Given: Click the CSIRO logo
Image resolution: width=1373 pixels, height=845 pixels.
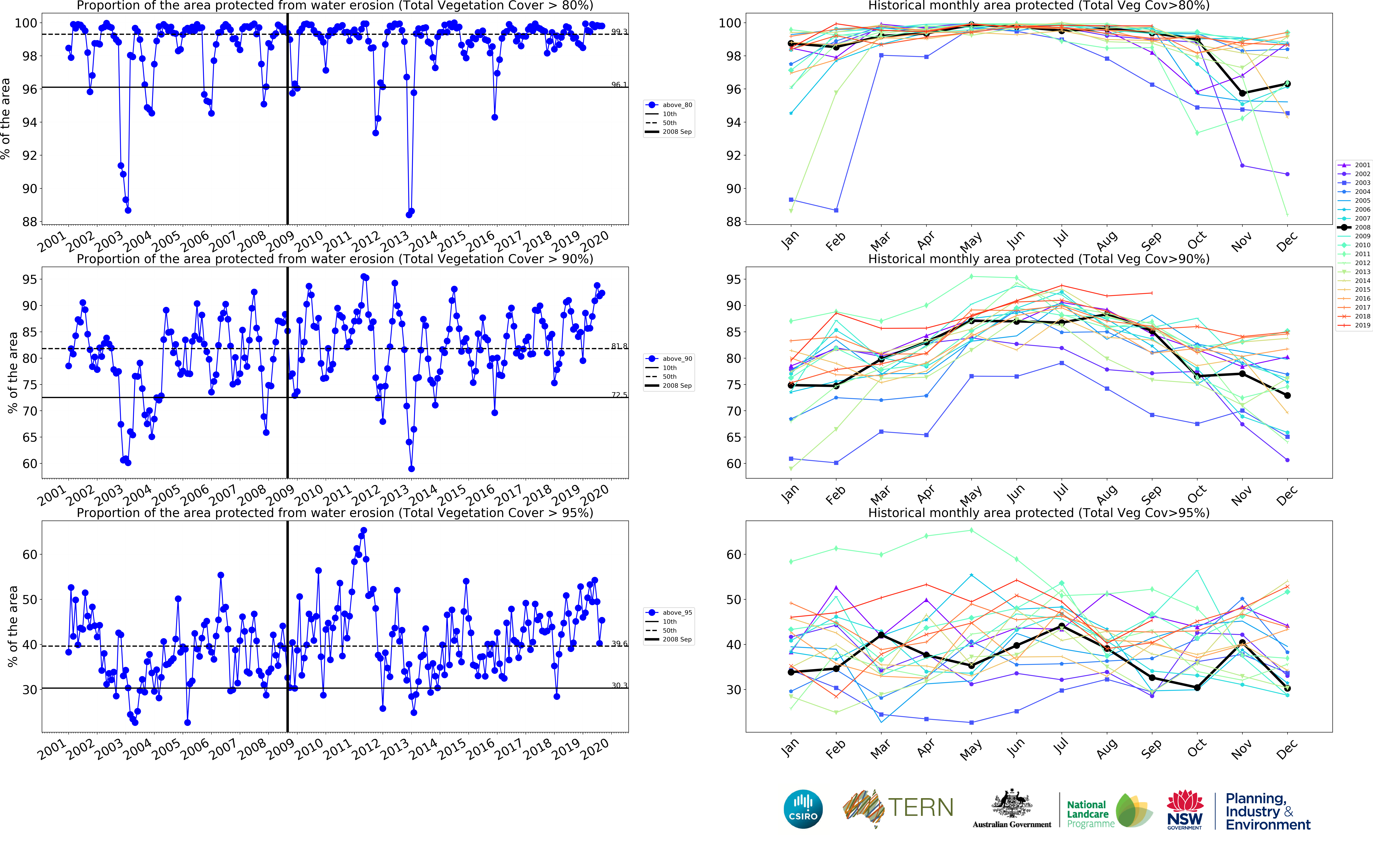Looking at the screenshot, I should [x=803, y=809].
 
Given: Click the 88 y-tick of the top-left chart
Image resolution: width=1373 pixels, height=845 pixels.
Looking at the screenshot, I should [x=29, y=222].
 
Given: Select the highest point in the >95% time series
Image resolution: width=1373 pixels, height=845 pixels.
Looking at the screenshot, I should [x=364, y=530].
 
